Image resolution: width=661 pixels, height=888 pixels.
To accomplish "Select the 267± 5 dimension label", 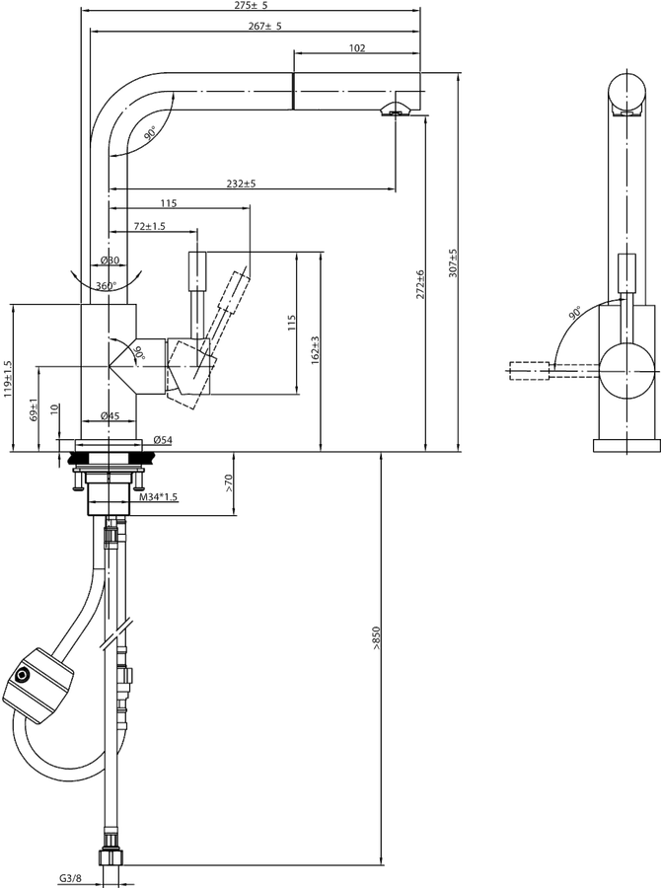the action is coord(264,26).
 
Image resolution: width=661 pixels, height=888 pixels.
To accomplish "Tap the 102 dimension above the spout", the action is coord(357,48).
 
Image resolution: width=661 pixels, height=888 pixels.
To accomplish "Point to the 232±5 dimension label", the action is coord(242,184).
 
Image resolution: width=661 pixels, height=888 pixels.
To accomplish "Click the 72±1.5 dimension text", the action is coord(149,226).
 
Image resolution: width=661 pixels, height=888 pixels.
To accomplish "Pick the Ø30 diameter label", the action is coord(110,259).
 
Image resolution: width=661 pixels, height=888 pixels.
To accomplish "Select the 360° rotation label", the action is coord(106,286).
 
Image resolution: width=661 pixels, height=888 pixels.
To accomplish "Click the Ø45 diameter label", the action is coord(110,415).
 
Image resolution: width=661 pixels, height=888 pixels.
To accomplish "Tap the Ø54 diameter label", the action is coord(163,440).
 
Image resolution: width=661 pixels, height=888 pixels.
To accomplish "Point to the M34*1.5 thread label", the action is coord(159,497).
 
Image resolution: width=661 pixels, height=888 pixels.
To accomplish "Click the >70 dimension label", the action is coord(228,482).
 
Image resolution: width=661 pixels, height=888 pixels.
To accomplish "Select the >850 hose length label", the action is coord(376,637).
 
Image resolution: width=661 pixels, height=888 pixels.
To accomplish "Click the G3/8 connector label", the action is coord(70,878).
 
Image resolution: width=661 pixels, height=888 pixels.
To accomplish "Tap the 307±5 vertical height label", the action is coord(453,262).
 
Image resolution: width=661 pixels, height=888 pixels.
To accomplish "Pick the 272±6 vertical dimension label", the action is coord(420,284).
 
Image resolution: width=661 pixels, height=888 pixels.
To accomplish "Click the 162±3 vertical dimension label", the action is coord(316,349).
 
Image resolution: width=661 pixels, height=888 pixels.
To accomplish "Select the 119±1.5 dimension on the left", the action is coord(7,380).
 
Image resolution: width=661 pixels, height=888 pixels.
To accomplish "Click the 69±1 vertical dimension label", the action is coord(34,409).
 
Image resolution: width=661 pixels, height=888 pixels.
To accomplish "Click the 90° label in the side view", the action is coord(575,313).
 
